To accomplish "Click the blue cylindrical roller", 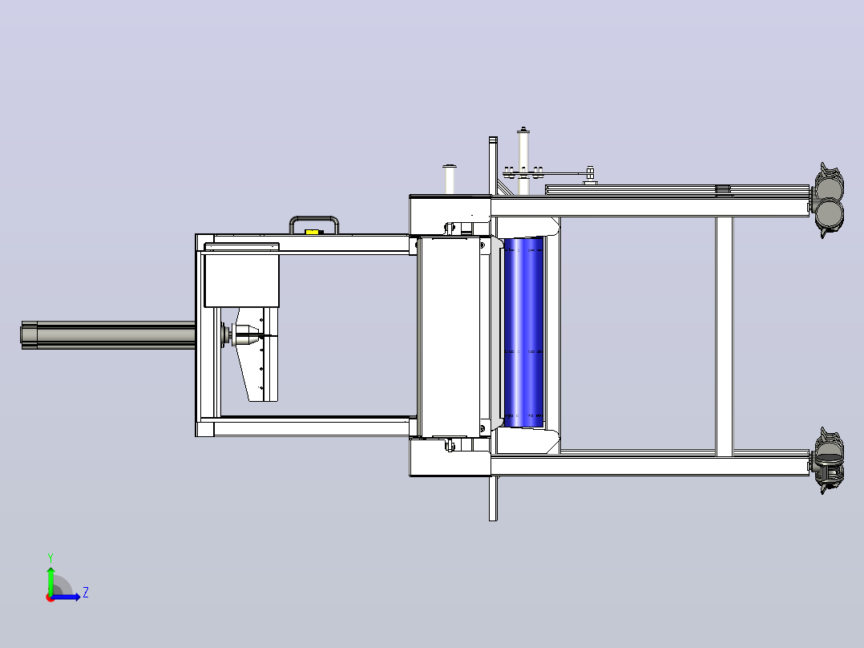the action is point(523,332).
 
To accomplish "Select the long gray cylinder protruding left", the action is point(108,334).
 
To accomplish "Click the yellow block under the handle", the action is point(312,233).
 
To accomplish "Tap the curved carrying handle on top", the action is point(314,219).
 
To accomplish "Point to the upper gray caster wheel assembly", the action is point(828,200).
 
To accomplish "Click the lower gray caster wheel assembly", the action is point(828,460).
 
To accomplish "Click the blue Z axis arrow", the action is point(66,596).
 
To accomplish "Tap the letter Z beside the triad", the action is point(86,593).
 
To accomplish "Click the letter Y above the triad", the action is point(50,557).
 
